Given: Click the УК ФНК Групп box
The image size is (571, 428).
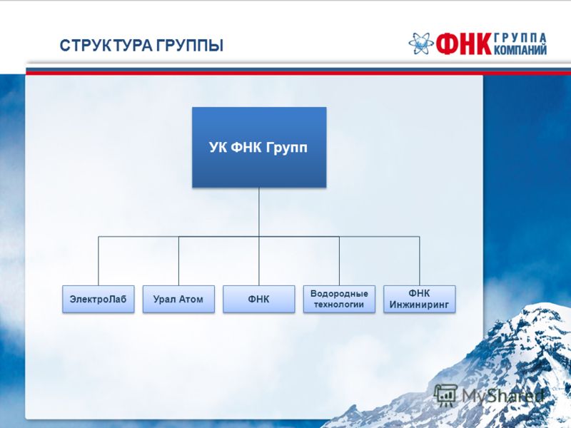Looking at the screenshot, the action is [259, 148].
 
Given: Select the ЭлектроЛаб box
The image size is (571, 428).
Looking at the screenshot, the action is [98, 299].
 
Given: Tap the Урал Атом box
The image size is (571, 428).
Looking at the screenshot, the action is [178, 299].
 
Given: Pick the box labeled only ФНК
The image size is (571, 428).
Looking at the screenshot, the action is [259, 299].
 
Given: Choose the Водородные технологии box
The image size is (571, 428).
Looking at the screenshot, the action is [339, 299].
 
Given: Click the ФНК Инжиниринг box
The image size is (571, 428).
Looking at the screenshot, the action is [420, 299].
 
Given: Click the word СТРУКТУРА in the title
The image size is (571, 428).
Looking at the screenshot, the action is [107, 46].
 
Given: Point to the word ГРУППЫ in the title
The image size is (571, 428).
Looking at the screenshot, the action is [190, 46].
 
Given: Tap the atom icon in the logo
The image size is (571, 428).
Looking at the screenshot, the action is [421, 44].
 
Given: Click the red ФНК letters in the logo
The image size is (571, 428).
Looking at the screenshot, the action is [463, 44].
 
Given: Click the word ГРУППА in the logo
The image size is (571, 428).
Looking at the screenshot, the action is [520, 38].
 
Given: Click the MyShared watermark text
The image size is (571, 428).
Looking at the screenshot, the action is [503, 396].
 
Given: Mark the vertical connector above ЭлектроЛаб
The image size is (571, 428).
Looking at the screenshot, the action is [98, 261].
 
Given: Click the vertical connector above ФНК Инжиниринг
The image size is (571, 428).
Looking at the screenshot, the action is [420, 261].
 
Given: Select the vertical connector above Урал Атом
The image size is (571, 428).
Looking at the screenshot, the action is [178, 261].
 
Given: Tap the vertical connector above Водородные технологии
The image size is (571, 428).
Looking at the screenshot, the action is [340, 261].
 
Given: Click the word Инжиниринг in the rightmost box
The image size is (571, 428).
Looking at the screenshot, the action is [419, 305].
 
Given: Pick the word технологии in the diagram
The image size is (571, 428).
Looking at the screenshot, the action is [339, 305].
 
